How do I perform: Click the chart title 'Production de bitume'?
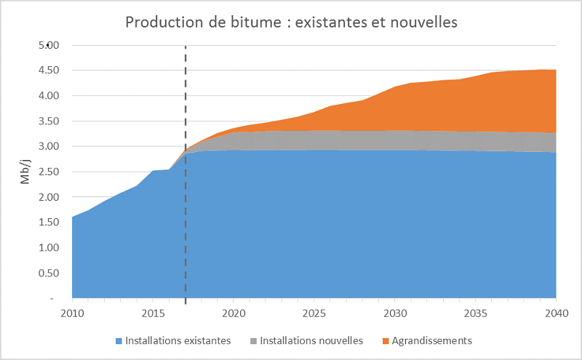[291, 23]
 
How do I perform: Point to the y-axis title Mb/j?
[25, 172]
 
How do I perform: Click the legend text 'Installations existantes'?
[178, 340]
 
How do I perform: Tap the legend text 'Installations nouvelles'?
[311, 340]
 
